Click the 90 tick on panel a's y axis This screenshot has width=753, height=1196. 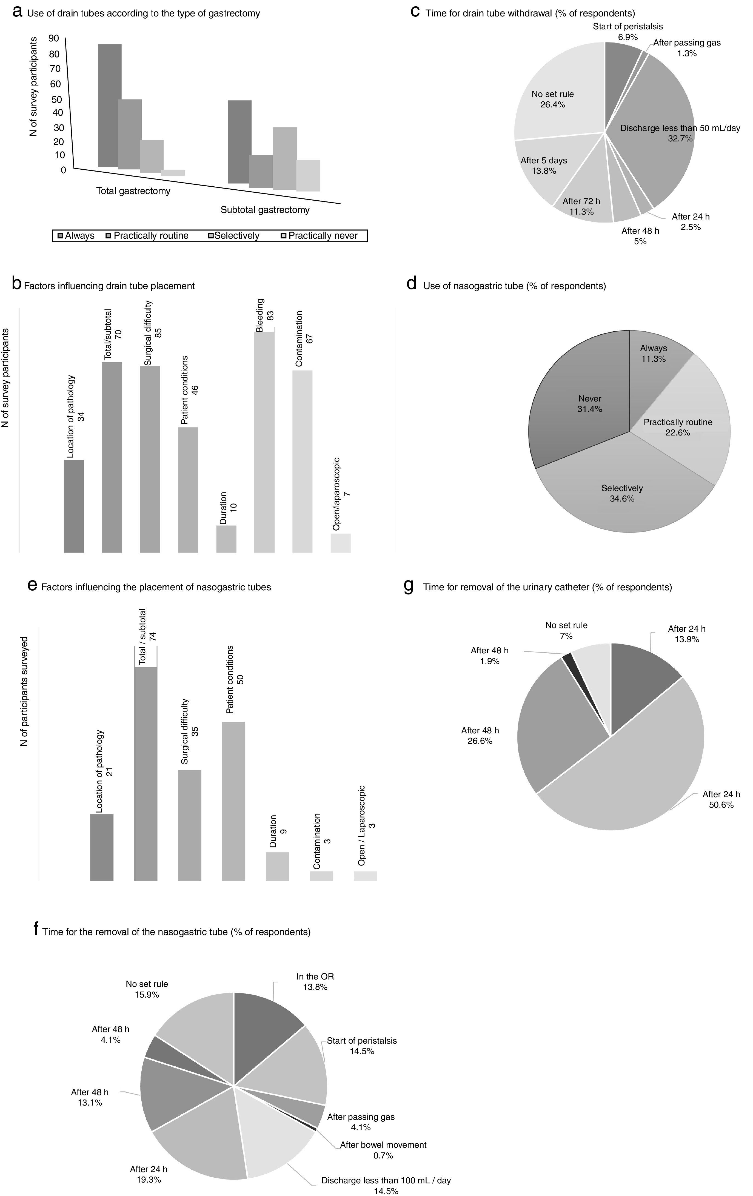tap(54, 38)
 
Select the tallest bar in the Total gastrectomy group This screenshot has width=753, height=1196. tap(109, 105)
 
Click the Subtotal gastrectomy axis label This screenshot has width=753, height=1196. tap(265, 210)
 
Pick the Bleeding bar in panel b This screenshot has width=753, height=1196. tap(264, 442)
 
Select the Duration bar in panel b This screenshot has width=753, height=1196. tap(226, 539)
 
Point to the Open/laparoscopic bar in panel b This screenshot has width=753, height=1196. tap(340, 543)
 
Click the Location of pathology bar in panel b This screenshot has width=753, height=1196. tap(73, 506)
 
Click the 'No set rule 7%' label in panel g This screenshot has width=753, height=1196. tap(566, 630)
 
